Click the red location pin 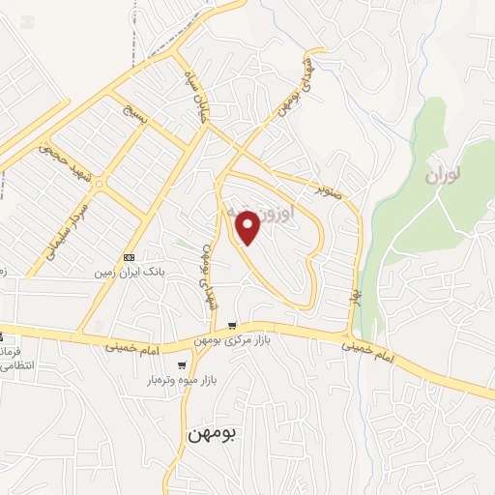click(x=248, y=228)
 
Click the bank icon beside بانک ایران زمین click(x=130, y=257)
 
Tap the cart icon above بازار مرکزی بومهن click(x=231, y=325)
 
